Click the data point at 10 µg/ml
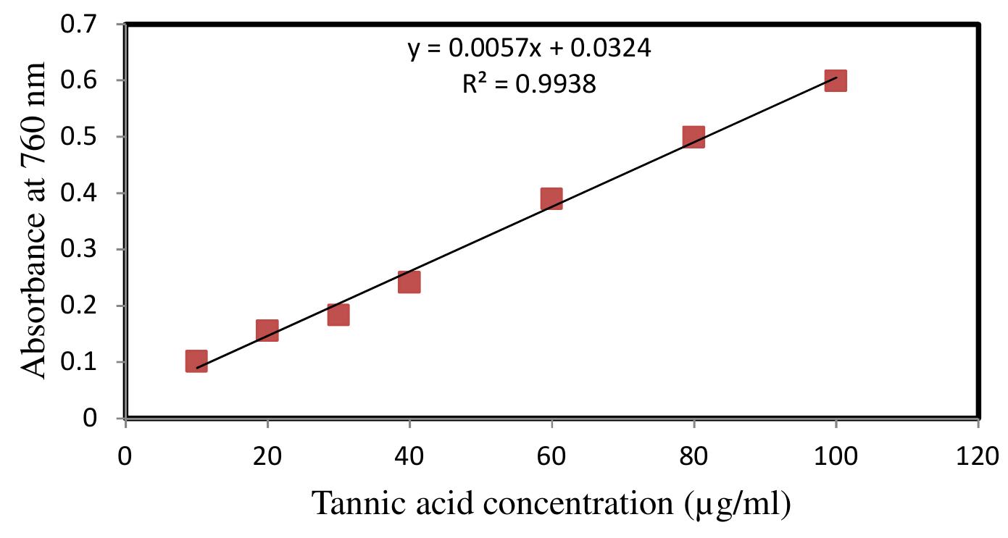(196, 361)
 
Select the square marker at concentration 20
(267, 330)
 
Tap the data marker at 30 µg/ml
(338, 314)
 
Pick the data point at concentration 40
(409, 282)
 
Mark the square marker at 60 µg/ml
(551, 198)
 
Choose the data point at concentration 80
(693, 136)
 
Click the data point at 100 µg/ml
(836, 80)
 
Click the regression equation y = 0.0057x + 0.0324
(529, 49)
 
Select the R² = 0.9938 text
(529, 85)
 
